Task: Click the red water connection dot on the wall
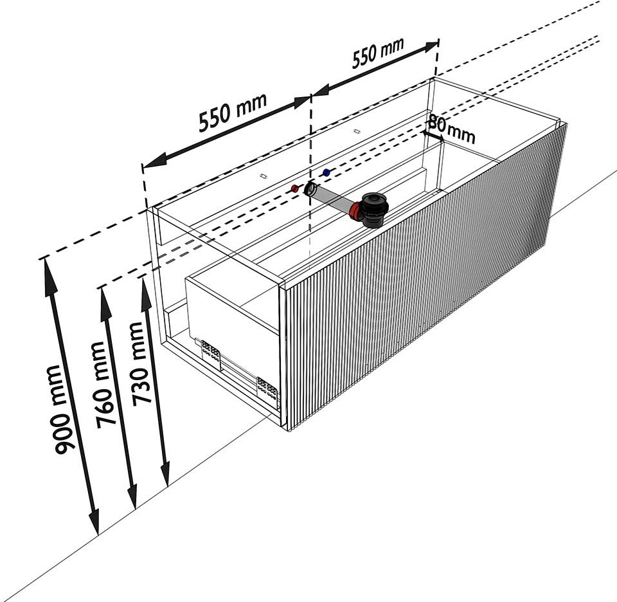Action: tap(294, 188)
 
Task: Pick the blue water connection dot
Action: tap(326, 172)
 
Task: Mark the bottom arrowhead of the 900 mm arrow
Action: tap(94, 522)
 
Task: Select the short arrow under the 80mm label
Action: tap(433, 135)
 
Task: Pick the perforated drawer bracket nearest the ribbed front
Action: tap(267, 388)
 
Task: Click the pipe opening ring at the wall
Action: tap(311, 189)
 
